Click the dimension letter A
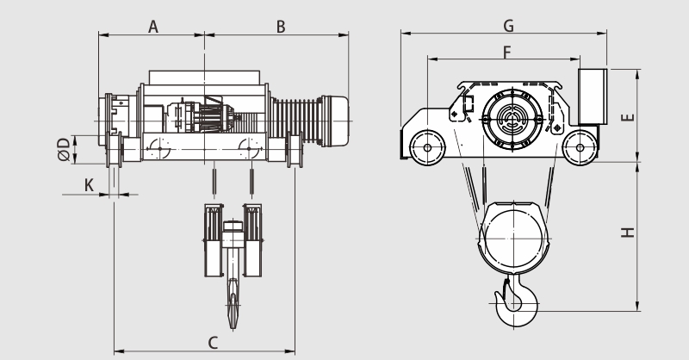[x=153, y=27]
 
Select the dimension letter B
[x=281, y=27]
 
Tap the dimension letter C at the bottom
[x=213, y=343]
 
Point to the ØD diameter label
[x=64, y=150]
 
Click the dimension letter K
[x=89, y=185]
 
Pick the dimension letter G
[x=508, y=26]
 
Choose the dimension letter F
[x=507, y=53]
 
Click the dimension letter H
[x=628, y=232]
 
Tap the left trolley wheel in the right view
[x=427, y=147]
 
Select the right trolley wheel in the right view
[x=580, y=147]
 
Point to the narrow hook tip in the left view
[x=233, y=307]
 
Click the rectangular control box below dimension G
[x=593, y=96]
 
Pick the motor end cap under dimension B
[x=336, y=121]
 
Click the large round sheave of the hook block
[x=513, y=239]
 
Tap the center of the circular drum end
[x=512, y=119]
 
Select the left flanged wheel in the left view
[x=114, y=150]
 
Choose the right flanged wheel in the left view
[x=295, y=150]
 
